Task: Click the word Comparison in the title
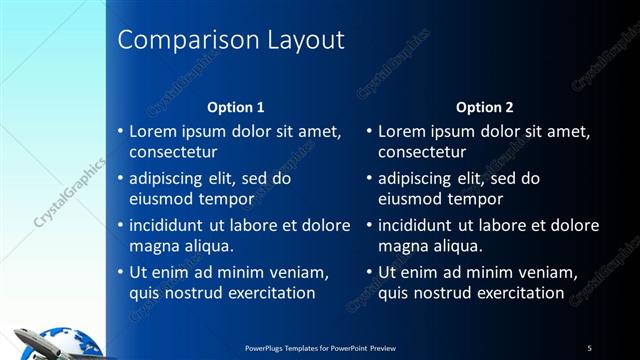[x=186, y=40]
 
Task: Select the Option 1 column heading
[x=236, y=107]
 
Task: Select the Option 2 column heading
[x=485, y=107]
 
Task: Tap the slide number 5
[x=589, y=348]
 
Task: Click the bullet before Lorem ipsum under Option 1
[x=120, y=131]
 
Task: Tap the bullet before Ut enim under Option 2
[x=369, y=273]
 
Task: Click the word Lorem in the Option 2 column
[x=402, y=131]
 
